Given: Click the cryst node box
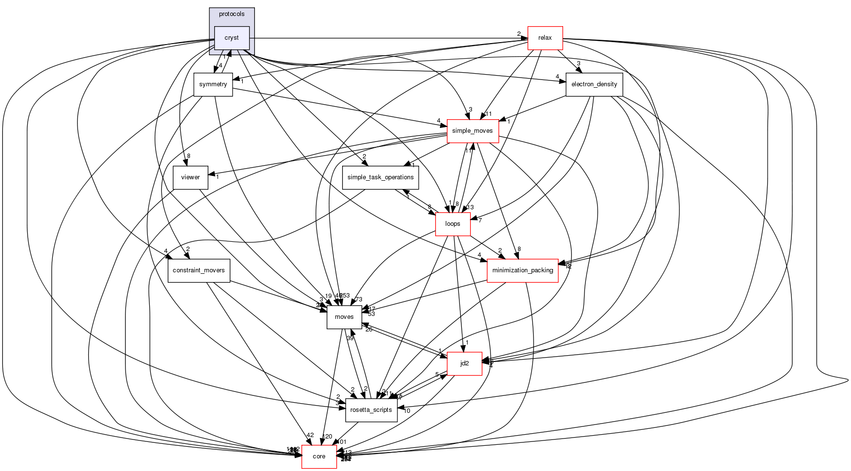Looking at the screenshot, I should (232, 38).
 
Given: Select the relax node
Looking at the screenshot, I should (545, 38).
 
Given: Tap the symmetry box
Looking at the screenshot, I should (213, 84).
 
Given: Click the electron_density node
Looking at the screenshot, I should (594, 84).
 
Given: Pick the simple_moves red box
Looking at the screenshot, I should (472, 131).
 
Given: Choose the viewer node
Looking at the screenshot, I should (190, 177).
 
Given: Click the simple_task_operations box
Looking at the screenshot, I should (380, 177).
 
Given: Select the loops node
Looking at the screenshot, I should (453, 224).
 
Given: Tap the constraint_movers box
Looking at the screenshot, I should (199, 270).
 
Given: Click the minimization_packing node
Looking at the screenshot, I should (522, 270).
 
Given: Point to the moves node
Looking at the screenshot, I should (344, 317).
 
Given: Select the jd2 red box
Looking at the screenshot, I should (464, 363).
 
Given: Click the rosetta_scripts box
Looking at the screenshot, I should (371, 410).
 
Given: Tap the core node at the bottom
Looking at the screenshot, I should (319, 456).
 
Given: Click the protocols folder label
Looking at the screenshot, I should (232, 14).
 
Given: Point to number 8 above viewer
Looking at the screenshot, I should (189, 156).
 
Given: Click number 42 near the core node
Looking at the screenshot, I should (310, 435).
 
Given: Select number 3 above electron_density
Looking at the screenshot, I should (578, 63).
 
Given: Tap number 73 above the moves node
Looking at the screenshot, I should (359, 299).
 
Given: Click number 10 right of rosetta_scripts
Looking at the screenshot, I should (407, 411).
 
